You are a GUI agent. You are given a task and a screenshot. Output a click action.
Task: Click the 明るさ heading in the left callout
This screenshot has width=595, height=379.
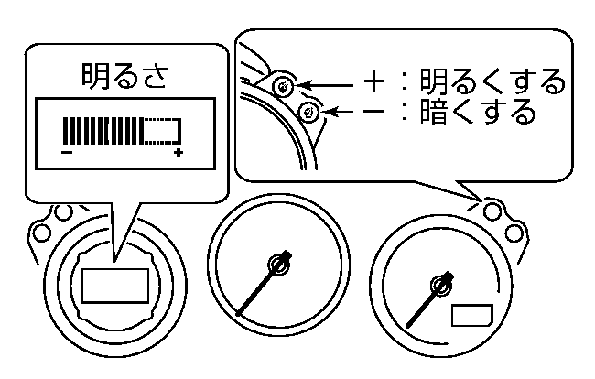[x=123, y=77]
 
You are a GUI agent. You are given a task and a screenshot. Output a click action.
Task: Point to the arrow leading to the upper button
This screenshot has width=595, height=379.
[x=327, y=86]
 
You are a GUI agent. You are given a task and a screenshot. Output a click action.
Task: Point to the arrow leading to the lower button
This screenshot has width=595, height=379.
[x=343, y=113]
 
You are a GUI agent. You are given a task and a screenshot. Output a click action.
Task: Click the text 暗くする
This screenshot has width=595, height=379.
[x=476, y=113]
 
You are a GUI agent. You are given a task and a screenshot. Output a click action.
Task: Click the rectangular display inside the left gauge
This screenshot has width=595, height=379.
[x=114, y=286]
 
